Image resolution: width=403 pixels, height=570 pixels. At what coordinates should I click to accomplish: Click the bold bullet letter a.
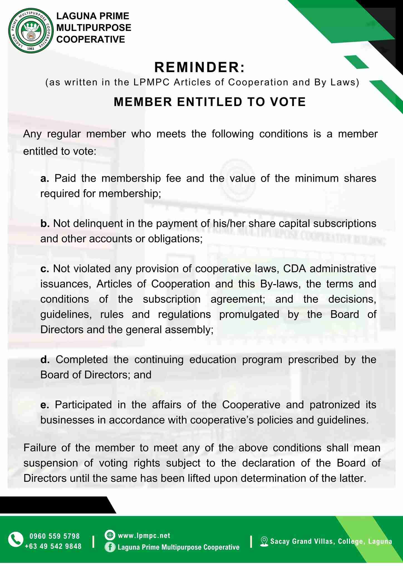coord(45,178)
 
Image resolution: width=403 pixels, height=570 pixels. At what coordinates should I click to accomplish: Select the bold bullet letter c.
coord(45,269)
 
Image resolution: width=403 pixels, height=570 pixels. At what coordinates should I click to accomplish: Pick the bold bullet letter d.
coord(45,360)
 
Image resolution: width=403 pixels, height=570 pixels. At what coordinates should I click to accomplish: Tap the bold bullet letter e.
coord(45,405)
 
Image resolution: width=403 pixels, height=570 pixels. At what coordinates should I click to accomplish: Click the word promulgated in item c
coord(249,315)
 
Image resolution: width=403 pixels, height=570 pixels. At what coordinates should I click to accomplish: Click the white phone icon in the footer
coord(16,539)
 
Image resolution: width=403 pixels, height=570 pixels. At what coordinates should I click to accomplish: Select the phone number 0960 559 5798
coord(55,536)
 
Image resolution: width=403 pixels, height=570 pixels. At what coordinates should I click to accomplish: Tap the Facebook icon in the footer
coord(110,547)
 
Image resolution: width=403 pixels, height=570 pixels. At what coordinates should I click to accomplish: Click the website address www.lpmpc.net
coord(144,535)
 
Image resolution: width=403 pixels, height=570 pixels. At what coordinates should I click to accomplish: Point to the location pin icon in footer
coord(264,541)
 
